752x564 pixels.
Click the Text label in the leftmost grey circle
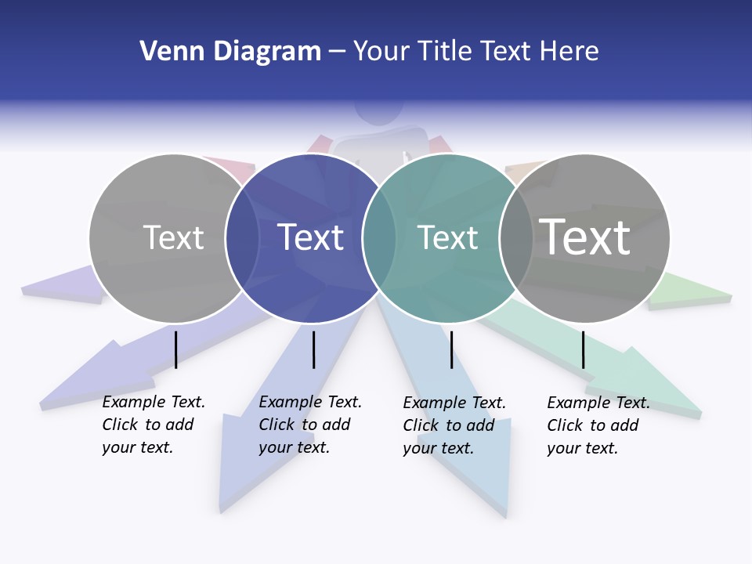tap(173, 237)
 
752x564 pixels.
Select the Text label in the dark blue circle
tap(311, 237)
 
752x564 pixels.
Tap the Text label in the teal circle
tap(447, 237)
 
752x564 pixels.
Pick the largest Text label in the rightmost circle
tap(585, 237)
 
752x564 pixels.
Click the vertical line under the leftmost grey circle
tap(175, 349)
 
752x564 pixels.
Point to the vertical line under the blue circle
tap(313, 349)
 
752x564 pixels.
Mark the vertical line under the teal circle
tap(451, 349)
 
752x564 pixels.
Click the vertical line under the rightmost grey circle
tap(583, 349)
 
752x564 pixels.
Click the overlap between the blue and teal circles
tap(379, 238)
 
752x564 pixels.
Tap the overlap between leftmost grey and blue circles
tap(242, 238)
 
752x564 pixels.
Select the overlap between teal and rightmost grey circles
tap(516, 238)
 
